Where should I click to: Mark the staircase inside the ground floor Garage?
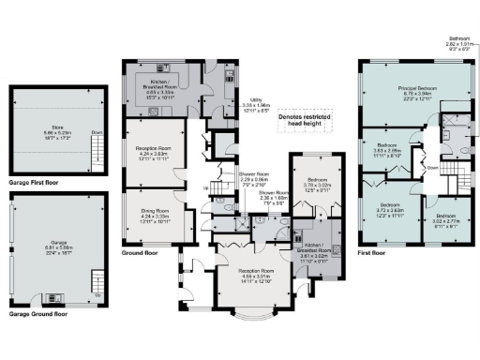97,280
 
